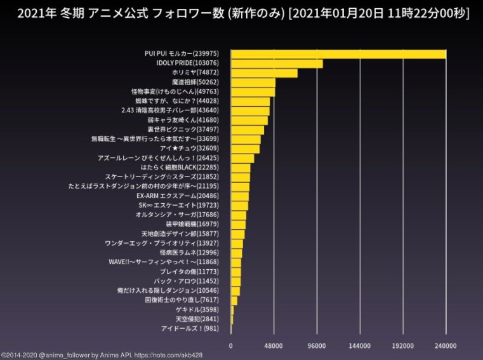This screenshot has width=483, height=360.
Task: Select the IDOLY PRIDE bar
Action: pos(277,63)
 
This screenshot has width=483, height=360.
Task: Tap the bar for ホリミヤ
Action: pos(264,73)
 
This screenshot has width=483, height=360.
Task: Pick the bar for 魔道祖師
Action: pos(253,83)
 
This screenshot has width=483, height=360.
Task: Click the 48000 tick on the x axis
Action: pos(274,346)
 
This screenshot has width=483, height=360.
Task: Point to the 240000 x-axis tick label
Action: pos(446,346)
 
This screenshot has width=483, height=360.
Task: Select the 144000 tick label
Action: pos(360,346)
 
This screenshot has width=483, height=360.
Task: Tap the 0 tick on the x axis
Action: pos(230,346)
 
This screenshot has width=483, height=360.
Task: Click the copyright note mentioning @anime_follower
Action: pos(102,356)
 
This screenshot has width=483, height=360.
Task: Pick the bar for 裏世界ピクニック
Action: pos(247,130)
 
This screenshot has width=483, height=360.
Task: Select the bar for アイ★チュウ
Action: pos(244,149)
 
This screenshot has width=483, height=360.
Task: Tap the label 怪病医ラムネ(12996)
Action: pos(193,252)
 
